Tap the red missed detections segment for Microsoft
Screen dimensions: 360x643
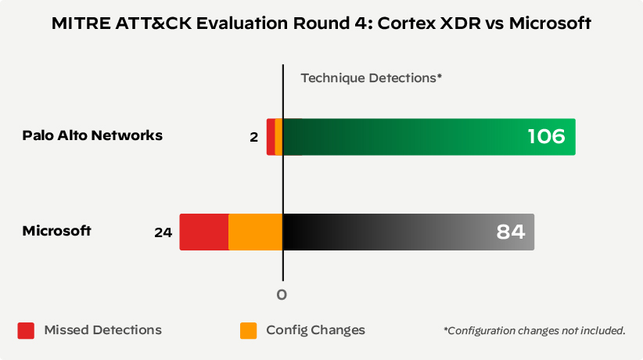pyautogui.click(x=203, y=232)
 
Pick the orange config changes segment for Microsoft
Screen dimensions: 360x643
pyautogui.click(x=255, y=232)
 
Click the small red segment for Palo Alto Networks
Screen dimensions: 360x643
pyautogui.click(x=271, y=137)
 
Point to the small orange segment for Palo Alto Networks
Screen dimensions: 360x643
pyautogui.click(x=278, y=137)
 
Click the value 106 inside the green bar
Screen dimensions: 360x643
pyautogui.click(x=545, y=137)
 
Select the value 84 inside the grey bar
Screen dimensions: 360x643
pyautogui.click(x=510, y=232)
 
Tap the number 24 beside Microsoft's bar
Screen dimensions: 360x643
pyautogui.click(x=163, y=232)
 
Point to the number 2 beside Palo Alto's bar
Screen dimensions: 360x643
pyautogui.click(x=253, y=137)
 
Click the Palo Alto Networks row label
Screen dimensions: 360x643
pyautogui.click(x=92, y=135)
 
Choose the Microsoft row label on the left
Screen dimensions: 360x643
pyautogui.click(x=56, y=231)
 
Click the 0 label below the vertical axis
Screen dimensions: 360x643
pyautogui.click(x=282, y=295)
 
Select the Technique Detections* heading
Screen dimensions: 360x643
pyautogui.click(x=372, y=78)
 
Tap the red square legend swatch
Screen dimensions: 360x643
pyautogui.click(x=27, y=330)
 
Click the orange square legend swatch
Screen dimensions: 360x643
pyautogui.click(x=248, y=330)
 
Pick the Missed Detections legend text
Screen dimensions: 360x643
pyautogui.click(x=103, y=330)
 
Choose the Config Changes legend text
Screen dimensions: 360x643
pyautogui.click(x=315, y=330)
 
